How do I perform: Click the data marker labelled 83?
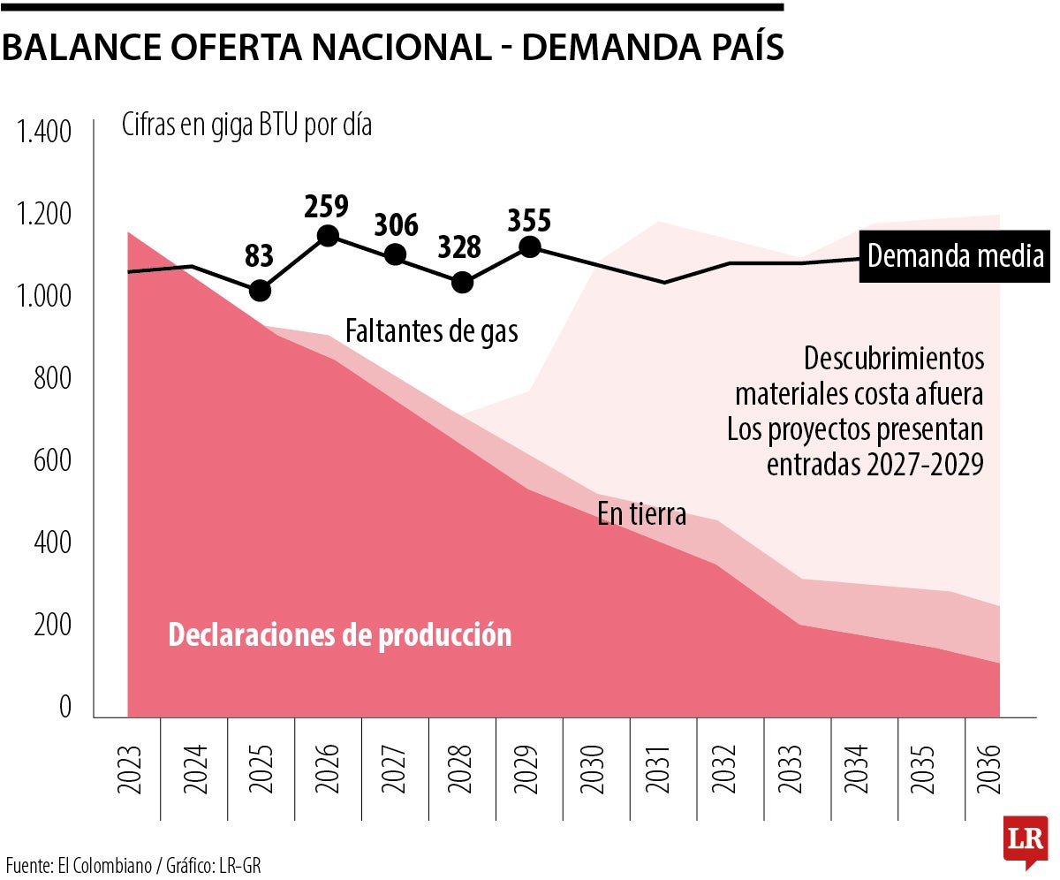260,291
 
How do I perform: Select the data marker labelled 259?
328,236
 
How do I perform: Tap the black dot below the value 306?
396,254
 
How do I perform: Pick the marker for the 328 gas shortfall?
462,283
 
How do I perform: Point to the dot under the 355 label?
530,247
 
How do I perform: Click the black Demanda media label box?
955,257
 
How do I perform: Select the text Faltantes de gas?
431,332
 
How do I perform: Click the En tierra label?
641,514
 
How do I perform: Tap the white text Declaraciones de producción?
339,635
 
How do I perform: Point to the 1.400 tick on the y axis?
44,133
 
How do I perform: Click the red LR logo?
1026,837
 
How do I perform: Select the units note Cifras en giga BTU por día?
246,125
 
